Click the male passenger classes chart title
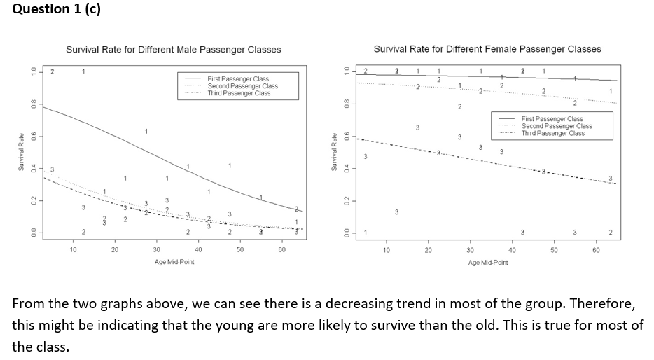(173, 50)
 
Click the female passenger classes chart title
(487, 49)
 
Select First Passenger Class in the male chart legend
(238, 79)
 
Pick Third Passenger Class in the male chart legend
(239, 93)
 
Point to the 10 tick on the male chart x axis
(74, 249)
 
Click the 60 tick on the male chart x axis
(281, 249)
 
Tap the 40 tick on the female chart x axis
(512, 249)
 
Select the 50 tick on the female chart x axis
(553, 249)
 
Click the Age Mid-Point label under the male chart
(174, 261)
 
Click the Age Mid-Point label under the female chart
(488, 261)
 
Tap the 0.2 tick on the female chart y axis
(345, 201)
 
